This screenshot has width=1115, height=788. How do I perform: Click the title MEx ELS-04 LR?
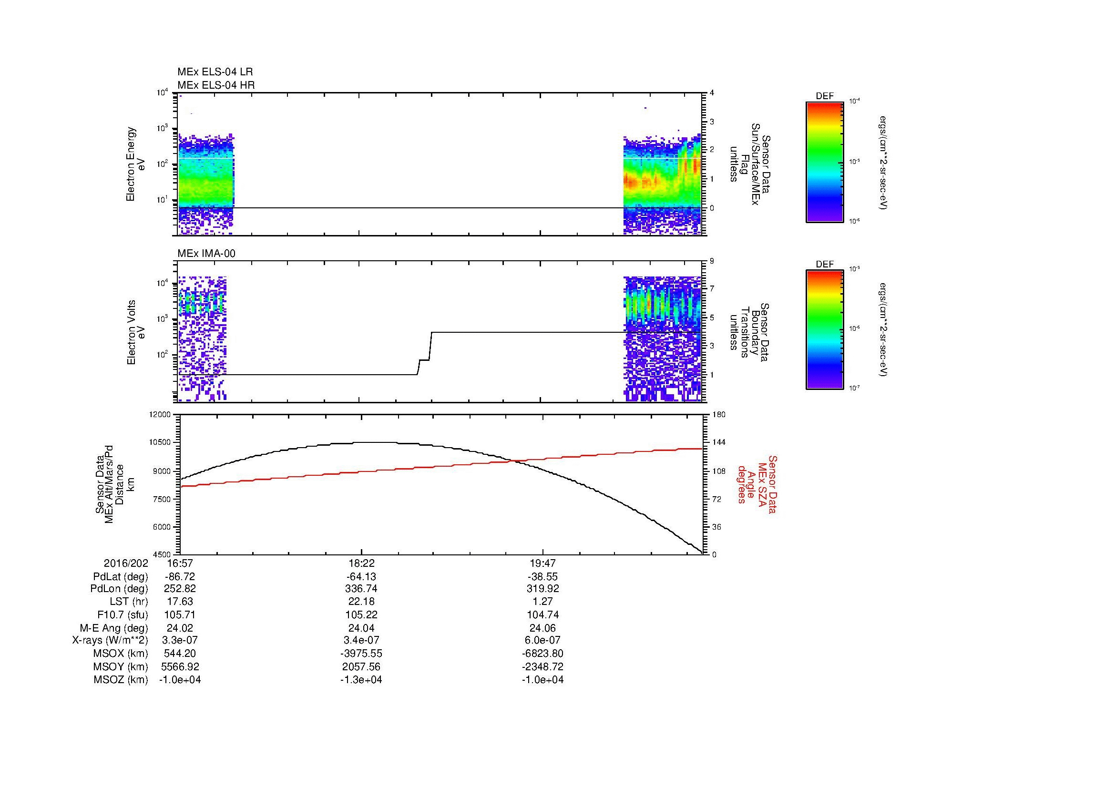pos(215,72)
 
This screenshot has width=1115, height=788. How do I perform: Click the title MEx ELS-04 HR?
pos(215,85)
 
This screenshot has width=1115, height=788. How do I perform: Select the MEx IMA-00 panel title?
pos(206,254)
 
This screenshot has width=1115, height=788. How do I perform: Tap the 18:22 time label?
pos(361,563)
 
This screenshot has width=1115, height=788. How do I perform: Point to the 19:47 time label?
pos(542,563)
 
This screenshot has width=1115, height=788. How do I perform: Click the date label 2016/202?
pos(126,563)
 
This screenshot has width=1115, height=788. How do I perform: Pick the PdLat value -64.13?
pos(361,577)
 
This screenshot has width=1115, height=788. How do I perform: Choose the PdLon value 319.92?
pos(542,588)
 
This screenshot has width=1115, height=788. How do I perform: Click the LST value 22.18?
pos(361,602)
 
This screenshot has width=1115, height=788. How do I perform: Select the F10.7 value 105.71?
pos(180,614)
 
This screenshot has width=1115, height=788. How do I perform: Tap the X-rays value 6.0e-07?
pos(542,640)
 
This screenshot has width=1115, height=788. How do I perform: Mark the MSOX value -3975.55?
pos(361,654)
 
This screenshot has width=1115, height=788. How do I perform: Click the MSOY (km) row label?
pos(121,666)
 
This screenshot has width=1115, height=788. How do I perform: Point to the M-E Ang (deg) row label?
pos(113,627)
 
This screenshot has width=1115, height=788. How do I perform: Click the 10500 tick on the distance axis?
pos(160,442)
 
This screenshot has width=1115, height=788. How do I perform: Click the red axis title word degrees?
pos(742,484)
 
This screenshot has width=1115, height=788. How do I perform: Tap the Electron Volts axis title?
pos(131,332)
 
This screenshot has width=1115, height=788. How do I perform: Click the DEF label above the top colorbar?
pos(824,96)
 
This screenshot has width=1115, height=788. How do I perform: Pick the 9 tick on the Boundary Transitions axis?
pos(712,261)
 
